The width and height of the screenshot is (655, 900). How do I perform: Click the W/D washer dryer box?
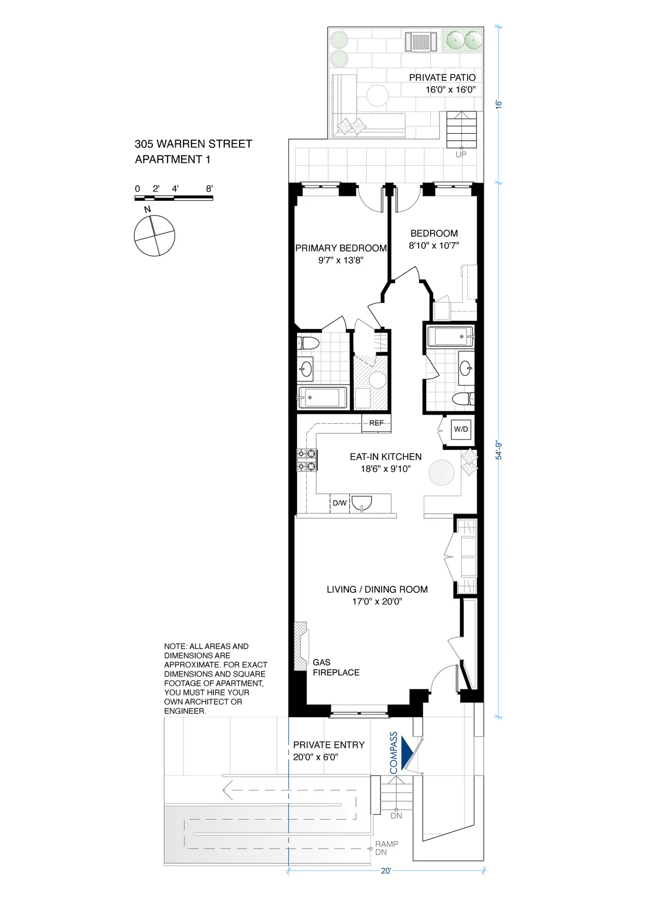pos(461,429)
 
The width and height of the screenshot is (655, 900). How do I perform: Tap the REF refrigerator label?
pos(376,423)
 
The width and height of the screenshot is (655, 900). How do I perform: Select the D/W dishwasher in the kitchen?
pos(340,503)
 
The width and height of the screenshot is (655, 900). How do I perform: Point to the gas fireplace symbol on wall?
pos(301,646)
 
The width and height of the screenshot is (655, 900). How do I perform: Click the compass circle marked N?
pos(154,236)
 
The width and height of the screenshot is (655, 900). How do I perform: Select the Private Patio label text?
pos(442,77)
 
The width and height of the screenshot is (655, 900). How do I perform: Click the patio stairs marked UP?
pos(462,129)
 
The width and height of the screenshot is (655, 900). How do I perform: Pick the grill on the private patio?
pos(421,41)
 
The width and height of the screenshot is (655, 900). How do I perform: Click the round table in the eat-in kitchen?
pos(442,472)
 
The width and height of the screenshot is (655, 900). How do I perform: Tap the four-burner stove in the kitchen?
pos(307,460)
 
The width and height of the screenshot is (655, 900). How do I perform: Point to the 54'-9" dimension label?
pos(498,451)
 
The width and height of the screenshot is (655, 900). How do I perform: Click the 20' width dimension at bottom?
pos(386,871)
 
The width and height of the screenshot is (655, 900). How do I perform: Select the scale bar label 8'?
pos(209,189)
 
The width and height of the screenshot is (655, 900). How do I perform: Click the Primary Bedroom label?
pos(341,248)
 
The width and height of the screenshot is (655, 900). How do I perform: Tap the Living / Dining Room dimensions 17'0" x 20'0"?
pos(377,602)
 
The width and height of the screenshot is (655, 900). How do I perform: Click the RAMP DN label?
pos(386,848)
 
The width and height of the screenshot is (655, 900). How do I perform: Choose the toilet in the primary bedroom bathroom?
pos(307,344)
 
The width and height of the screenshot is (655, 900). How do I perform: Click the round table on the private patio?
pos(377,96)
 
